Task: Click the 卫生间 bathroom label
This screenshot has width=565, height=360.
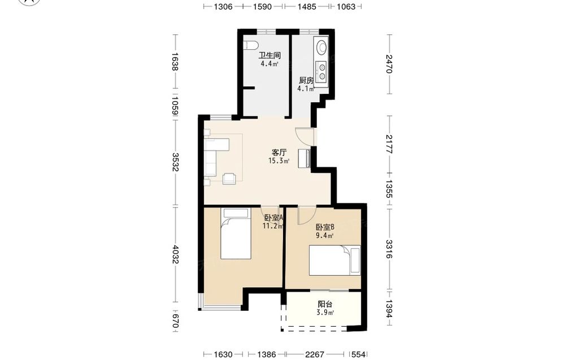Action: (270, 55)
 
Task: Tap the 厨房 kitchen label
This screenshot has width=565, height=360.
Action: (306, 80)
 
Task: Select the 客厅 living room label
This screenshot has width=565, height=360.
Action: (279, 153)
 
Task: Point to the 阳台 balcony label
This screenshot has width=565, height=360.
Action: (325, 304)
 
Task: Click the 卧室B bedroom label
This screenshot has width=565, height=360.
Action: (325, 227)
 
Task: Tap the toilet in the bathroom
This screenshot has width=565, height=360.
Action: (251, 45)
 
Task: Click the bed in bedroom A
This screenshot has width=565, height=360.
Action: (236, 233)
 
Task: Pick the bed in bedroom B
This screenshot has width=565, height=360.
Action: (334, 261)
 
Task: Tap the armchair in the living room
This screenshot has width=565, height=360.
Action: (229, 179)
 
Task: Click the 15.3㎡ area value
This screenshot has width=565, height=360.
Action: (279, 161)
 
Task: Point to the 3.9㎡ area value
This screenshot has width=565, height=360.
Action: (325, 313)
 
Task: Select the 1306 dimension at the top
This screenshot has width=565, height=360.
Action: (223, 6)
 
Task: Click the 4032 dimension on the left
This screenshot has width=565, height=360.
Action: (175, 254)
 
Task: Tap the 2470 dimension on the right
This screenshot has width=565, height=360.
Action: (389, 63)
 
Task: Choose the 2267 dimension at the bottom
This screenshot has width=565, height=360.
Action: (315, 354)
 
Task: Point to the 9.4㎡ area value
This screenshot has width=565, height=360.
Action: (325, 236)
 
